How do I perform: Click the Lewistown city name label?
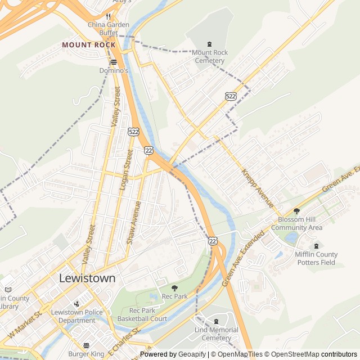point(87,278)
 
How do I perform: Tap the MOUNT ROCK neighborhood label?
point(89,44)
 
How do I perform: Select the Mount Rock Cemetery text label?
point(210,56)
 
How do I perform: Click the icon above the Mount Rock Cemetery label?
point(210,44)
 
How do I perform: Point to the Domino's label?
point(114,71)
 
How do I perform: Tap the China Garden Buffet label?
point(109,29)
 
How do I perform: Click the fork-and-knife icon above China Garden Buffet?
point(109,16)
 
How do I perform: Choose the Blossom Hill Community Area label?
point(296,223)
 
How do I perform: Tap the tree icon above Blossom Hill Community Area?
point(296,211)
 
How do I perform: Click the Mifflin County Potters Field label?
point(316,258)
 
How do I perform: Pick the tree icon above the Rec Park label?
point(174,288)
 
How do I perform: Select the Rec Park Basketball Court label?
point(142,314)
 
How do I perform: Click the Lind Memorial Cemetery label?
point(217,334)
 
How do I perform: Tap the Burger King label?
point(86,354)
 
